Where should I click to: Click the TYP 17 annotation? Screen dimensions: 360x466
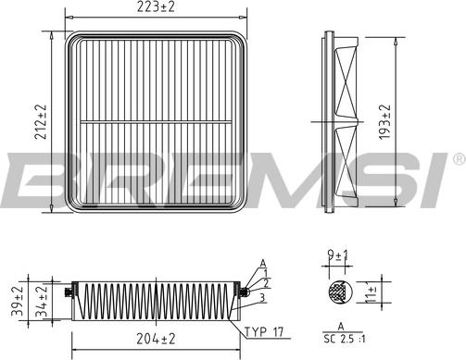(x=265, y=331)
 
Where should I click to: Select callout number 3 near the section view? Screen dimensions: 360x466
(x=264, y=297)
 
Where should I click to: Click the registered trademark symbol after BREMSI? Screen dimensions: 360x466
(x=459, y=159)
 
